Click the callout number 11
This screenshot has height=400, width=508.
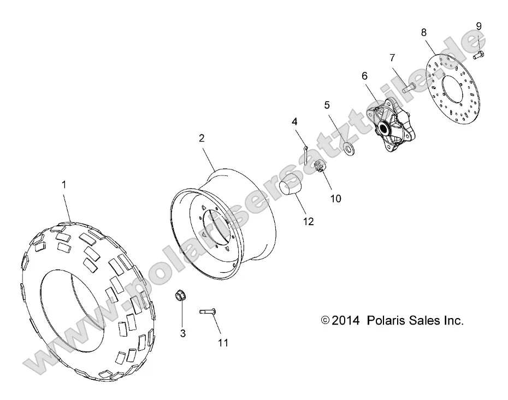(222, 343)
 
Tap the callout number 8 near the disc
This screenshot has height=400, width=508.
(424, 32)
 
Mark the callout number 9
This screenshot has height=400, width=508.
(479, 26)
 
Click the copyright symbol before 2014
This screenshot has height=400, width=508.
(326, 321)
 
